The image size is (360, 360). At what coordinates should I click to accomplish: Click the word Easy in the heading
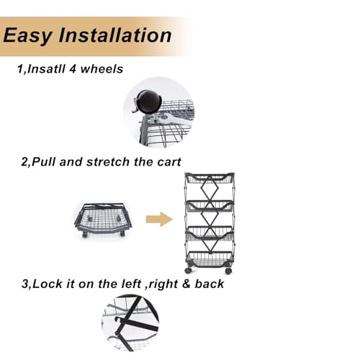27,35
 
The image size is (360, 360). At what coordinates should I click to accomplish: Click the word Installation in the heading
115,35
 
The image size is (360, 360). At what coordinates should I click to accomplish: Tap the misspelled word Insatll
46,69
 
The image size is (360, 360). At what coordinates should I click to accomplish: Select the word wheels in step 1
102,69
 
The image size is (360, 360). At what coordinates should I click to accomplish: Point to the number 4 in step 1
73,69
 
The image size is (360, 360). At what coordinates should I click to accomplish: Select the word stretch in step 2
108,162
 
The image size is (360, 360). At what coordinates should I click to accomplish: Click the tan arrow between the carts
159,219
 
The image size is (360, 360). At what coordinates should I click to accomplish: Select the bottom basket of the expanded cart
210,259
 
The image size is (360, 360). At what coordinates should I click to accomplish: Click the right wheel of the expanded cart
228,271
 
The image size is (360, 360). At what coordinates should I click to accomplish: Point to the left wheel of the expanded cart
188,271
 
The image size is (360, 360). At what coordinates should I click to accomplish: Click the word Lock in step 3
48,284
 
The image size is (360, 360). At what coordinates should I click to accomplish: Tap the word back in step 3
210,284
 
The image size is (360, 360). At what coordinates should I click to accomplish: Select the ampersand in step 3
186,284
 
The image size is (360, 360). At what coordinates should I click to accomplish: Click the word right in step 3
163,284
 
